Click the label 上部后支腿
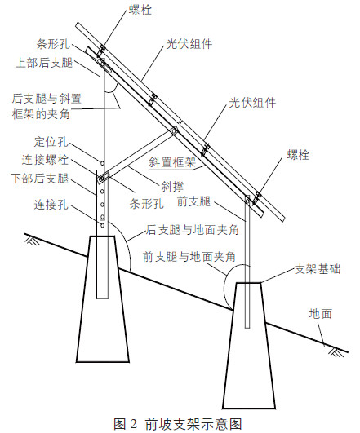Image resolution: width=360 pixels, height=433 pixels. click(44, 63)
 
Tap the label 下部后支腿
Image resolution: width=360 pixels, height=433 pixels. click(39, 179)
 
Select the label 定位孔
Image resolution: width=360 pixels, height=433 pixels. click(51, 142)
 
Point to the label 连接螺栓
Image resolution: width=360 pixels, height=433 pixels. click(45, 160)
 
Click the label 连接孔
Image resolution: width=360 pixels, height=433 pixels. click(51, 205)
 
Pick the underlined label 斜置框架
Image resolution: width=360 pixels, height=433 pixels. click(172, 162)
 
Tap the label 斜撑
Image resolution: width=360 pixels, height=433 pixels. click(172, 187)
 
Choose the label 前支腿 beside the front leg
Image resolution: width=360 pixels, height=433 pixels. click(193, 201)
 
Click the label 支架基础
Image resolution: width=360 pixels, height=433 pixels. click(318, 269)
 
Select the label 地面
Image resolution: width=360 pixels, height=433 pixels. click(321, 314)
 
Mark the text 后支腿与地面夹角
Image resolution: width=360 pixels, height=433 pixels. click(193, 230)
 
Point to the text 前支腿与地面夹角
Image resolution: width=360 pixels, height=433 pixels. click(189, 257)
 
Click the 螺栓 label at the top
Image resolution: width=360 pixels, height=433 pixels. click(140, 11)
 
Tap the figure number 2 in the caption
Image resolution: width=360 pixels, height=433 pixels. click(133, 423)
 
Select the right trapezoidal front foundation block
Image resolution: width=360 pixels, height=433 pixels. click(249, 346)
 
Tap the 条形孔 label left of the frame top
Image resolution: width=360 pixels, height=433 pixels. click(53, 44)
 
